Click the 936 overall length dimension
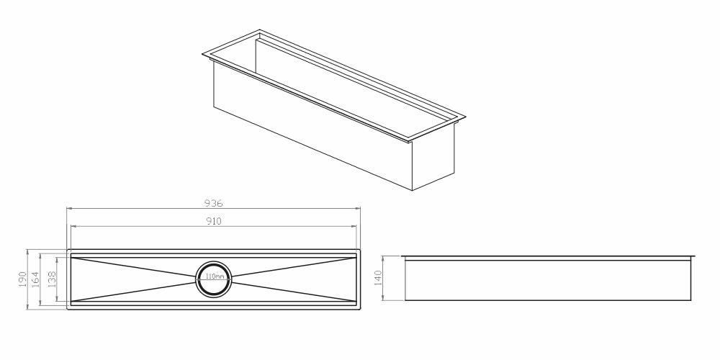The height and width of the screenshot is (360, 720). point(213,203)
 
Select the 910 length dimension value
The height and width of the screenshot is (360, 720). point(213,221)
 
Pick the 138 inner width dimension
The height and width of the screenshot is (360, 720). point(52,279)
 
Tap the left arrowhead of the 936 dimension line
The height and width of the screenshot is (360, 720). point(68,209)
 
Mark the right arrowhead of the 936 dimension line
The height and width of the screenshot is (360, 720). point(359,209)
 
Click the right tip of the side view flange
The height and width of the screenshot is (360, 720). point(697,256)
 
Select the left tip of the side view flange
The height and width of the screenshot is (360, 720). point(402,256)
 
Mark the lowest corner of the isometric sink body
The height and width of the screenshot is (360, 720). point(411,190)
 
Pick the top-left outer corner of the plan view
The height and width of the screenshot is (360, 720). point(68,251)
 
